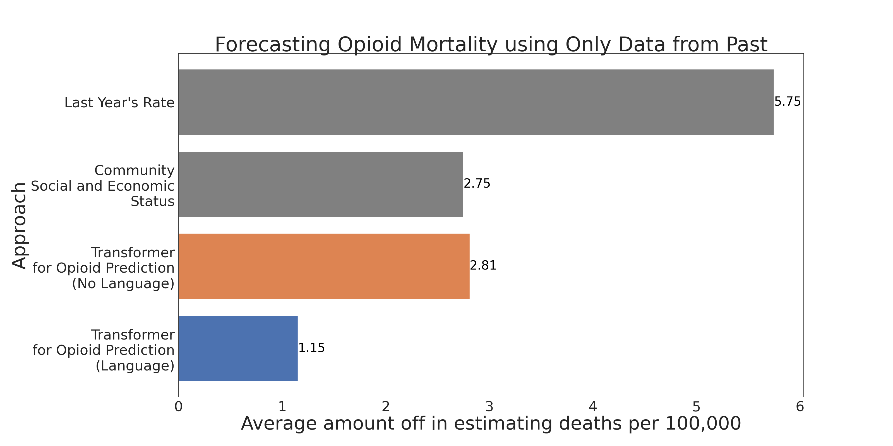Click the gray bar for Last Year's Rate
(x=476, y=102)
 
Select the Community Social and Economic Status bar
(x=321, y=184)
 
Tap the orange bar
(x=324, y=266)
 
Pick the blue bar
(x=238, y=348)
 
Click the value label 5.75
(x=787, y=102)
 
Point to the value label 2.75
(x=477, y=183)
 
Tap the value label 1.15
(x=311, y=348)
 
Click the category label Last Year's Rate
(x=119, y=103)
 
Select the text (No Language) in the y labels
(x=123, y=283)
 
